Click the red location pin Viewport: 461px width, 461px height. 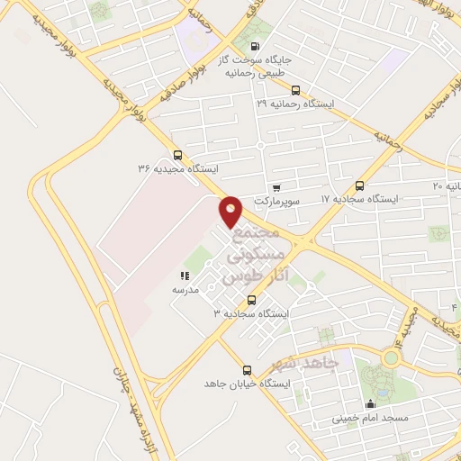[231, 212]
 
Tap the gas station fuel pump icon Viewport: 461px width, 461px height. [256, 47]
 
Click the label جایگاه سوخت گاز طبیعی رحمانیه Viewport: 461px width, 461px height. [262, 65]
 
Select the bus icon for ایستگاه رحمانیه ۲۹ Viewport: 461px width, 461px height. [296, 89]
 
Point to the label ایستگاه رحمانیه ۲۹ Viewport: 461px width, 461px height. [294, 104]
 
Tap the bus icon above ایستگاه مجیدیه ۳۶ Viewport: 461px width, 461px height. [177, 154]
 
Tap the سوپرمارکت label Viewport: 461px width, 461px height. [275, 200]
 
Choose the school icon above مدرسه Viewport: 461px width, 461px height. [185, 276]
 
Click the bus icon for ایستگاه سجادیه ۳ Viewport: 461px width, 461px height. [251, 300]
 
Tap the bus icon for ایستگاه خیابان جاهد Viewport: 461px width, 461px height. [248, 370]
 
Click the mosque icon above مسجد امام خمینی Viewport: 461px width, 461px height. [370, 403]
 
